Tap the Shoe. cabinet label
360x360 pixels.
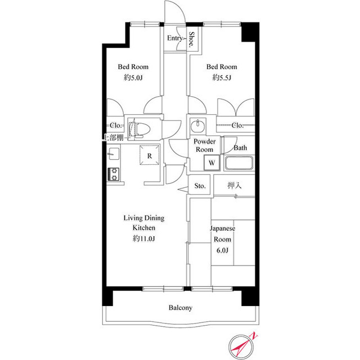[192, 39]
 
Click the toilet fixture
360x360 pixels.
[138, 129]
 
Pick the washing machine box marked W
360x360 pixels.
[211, 163]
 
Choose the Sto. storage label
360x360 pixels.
[200, 186]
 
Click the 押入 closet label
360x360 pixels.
[235, 185]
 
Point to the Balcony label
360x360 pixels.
[181, 308]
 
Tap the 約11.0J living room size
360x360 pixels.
[143, 239]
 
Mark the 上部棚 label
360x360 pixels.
[115, 138]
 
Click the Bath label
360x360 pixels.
[240, 148]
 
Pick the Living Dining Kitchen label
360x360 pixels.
[143, 223]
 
